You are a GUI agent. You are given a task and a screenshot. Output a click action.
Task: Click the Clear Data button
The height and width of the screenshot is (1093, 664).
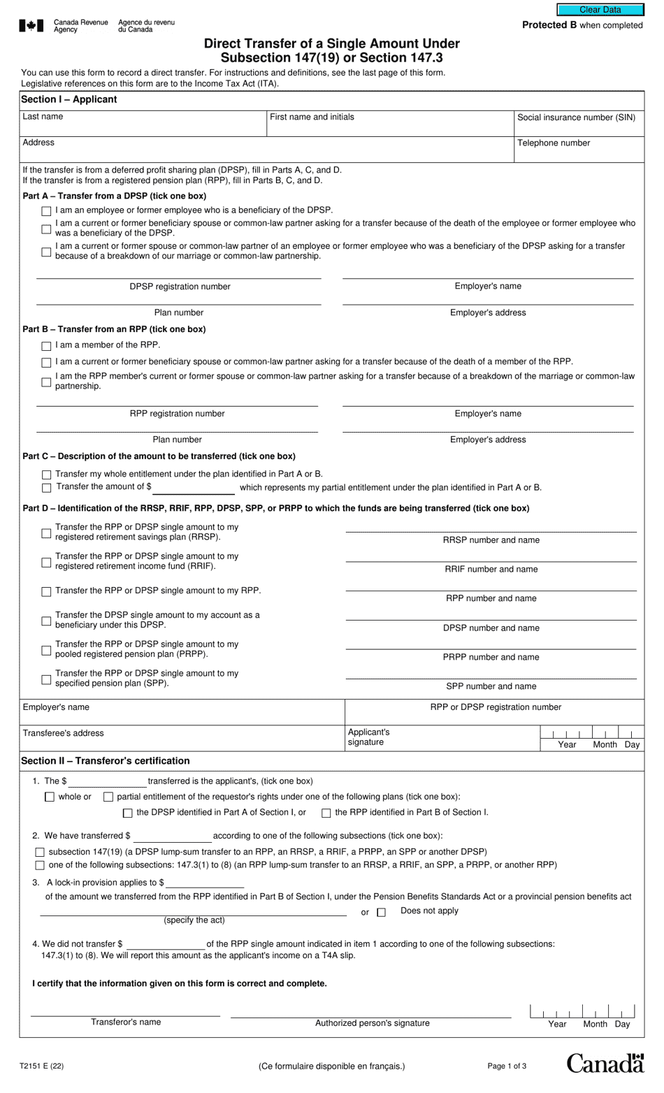tap(600, 10)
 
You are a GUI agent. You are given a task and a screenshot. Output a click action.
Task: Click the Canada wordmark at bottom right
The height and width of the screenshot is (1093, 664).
tap(605, 1064)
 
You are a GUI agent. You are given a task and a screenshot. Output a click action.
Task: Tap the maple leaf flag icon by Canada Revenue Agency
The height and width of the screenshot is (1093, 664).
tap(31, 26)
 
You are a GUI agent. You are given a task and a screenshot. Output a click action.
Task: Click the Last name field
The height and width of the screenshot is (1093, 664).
tap(143, 125)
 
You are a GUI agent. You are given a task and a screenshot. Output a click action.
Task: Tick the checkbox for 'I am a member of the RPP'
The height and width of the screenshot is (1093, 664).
tap(46, 346)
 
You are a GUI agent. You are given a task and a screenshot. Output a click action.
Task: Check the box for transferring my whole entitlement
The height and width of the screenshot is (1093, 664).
tap(46, 475)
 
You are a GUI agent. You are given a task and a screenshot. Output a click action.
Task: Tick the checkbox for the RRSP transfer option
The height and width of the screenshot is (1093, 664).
tap(46, 533)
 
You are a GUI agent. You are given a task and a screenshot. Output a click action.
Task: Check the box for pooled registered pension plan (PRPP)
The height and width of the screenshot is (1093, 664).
tap(46, 651)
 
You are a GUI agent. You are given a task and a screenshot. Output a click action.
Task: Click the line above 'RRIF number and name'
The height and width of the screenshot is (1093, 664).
tap(491, 560)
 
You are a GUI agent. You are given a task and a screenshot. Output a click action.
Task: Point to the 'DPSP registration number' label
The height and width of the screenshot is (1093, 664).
tap(180, 287)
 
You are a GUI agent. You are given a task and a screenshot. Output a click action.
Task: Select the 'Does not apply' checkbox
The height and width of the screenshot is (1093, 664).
tap(381, 912)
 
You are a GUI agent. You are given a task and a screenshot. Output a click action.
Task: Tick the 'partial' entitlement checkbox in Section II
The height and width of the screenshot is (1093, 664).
tap(108, 797)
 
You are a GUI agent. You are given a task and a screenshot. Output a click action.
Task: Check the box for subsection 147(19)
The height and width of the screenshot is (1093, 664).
tap(40, 853)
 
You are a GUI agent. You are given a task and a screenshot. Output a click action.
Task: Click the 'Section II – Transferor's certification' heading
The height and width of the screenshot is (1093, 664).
tap(106, 761)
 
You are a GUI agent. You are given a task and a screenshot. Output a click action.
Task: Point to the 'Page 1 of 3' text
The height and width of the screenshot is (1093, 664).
tap(507, 1066)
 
